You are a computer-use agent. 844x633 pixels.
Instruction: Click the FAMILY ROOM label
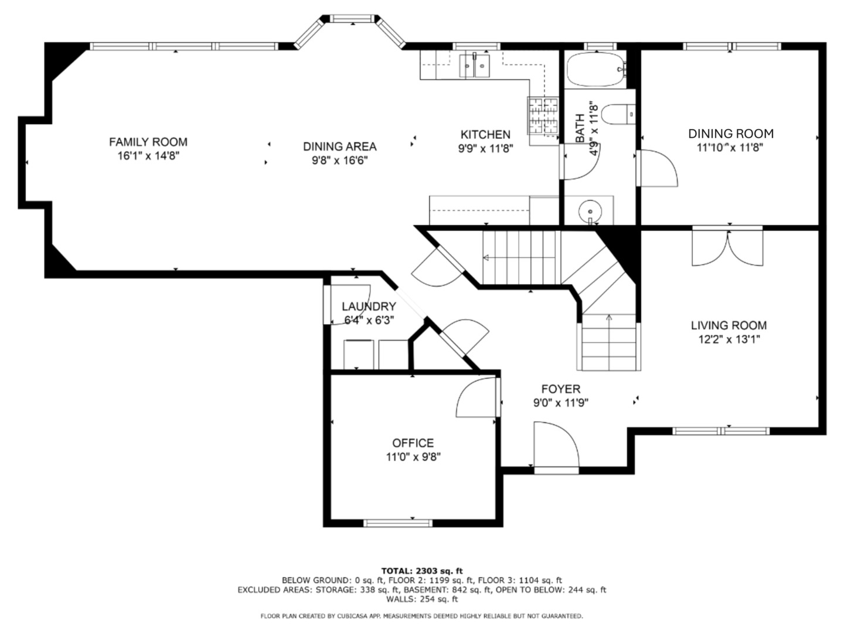(x=148, y=142)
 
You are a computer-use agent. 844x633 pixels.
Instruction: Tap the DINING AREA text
(x=339, y=147)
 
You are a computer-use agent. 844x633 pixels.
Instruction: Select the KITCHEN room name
(x=485, y=135)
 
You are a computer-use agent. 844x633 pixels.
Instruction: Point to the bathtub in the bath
(x=595, y=69)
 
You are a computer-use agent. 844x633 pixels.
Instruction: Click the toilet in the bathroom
(x=618, y=114)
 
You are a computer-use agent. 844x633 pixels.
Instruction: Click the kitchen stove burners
(x=543, y=116)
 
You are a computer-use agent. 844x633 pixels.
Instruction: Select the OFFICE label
(x=413, y=443)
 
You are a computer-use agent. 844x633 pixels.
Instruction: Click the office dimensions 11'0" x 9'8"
(x=413, y=457)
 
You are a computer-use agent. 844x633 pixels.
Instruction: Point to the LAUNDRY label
(x=369, y=307)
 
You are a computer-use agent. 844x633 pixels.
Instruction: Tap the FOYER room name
(x=561, y=389)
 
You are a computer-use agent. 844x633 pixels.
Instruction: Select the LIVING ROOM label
(x=729, y=325)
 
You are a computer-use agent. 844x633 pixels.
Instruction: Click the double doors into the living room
(x=727, y=248)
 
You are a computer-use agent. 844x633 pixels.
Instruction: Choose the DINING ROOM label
(x=730, y=134)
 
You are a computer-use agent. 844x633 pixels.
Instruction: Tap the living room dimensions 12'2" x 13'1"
(x=729, y=339)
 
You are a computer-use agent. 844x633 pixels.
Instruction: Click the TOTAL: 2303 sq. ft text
(x=422, y=571)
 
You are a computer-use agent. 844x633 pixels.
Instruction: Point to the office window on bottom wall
(x=398, y=523)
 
